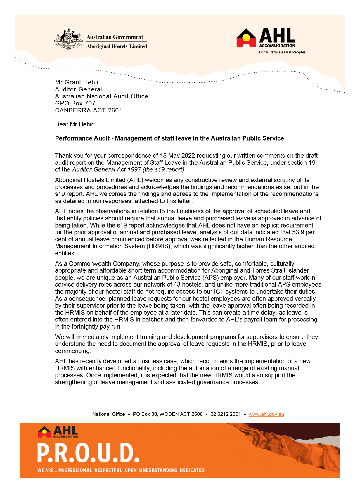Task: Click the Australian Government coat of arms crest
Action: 69,39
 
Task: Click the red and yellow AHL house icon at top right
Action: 246,38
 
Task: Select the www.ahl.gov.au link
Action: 266,414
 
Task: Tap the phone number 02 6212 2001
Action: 226,414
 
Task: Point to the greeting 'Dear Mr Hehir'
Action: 74,124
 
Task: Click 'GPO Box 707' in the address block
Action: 75,103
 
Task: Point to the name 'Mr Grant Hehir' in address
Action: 77,82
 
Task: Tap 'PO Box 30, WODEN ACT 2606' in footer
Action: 167,414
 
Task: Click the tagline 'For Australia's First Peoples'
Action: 282,52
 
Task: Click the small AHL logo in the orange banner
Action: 58,432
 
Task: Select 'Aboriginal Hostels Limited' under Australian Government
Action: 117,46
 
